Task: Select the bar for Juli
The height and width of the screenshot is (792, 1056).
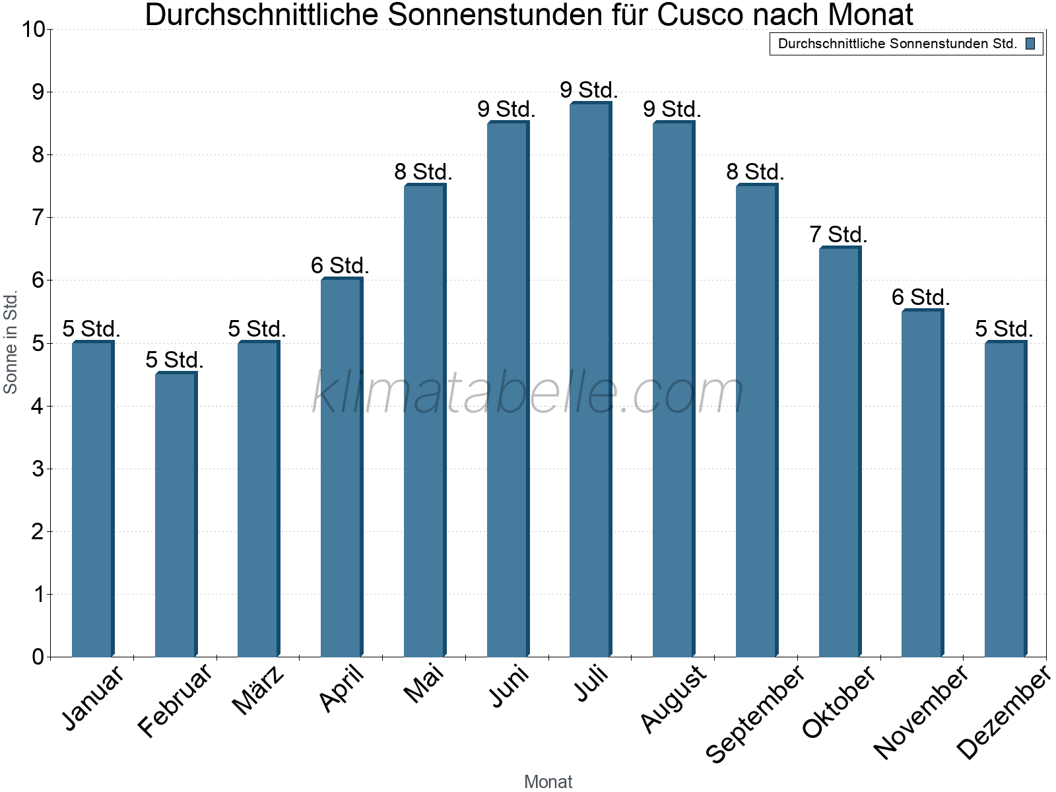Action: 590,379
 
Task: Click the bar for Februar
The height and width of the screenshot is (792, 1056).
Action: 176,515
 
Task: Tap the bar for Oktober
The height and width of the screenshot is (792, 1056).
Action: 840,452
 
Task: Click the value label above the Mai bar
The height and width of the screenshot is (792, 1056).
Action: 423,172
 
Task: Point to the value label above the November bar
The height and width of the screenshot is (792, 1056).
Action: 921,298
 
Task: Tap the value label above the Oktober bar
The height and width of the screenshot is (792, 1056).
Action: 838,235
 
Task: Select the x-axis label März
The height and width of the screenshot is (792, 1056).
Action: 259,690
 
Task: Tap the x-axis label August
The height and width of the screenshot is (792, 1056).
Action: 673,698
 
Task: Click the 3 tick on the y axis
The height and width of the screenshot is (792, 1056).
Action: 38,469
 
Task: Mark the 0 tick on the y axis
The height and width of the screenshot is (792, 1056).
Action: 38,657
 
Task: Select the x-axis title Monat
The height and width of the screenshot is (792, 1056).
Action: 548,782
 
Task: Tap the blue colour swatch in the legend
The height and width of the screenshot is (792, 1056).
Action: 1030,44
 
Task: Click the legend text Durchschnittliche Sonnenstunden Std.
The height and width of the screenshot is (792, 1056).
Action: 898,44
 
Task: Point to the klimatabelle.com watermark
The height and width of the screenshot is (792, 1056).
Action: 528,393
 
